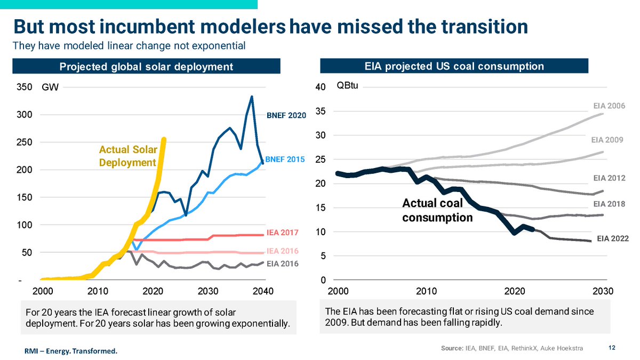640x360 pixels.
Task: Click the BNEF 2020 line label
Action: tap(286, 115)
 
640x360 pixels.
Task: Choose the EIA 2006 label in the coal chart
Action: tap(609, 106)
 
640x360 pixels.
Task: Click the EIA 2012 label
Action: tap(609, 178)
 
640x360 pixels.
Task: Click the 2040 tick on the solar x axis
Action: tap(263, 291)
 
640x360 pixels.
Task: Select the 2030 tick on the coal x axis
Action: tap(603, 291)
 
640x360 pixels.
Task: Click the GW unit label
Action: tap(50, 87)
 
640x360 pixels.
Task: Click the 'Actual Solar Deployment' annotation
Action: tap(127, 156)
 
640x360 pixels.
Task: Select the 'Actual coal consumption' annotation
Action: tap(437, 210)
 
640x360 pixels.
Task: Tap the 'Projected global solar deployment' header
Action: tap(146, 67)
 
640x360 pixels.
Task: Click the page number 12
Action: tap(612, 348)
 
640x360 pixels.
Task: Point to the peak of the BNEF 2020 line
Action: tap(252, 97)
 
